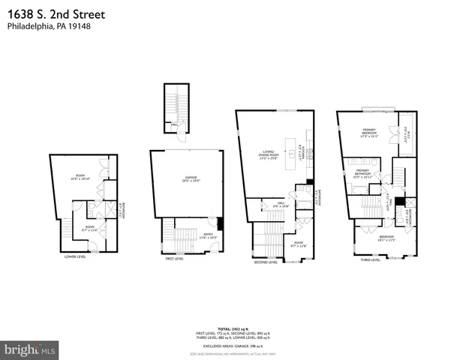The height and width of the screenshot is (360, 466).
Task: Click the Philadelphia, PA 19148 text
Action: click(x=44, y=26)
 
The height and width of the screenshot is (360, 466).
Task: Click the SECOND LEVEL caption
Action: click(x=266, y=262)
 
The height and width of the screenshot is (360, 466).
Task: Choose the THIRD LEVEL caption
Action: click(x=370, y=260)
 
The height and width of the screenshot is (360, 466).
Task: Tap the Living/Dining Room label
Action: click(x=268, y=154)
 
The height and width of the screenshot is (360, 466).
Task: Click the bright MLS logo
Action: click(x=29, y=349)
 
